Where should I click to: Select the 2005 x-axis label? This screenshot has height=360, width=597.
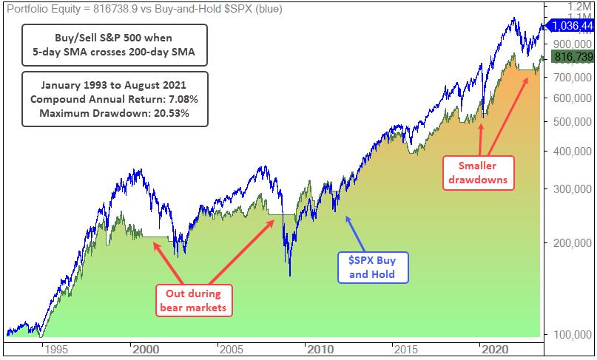(x=232, y=349)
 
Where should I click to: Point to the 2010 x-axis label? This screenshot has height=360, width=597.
(x=320, y=349)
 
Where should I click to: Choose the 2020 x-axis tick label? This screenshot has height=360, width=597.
(x=495, y=349)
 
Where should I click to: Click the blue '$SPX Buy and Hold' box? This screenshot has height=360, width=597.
(x=372, y=267)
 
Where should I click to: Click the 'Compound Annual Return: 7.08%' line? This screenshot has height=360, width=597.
(x=115, y=98)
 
